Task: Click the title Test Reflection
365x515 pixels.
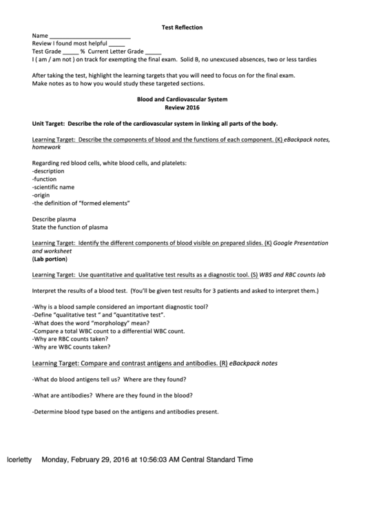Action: [x=182, y=28]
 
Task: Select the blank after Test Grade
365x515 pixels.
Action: [x=71, y=52]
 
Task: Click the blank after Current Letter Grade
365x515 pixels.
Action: [x=154, y=52]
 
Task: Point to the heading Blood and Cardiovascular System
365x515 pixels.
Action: [x=182, y=100]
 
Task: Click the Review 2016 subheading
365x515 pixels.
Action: [x=182, y=108]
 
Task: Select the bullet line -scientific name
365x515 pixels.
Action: [x=56, y=187]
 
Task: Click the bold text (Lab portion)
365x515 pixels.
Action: [x=50, y=260]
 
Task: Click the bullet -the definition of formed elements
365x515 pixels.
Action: [x=81, y=204]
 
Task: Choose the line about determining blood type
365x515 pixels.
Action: [x=125, y=412]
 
